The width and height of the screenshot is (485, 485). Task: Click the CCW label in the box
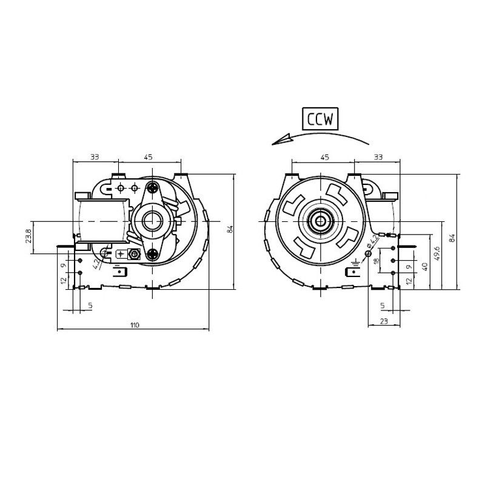[x=320, y=119]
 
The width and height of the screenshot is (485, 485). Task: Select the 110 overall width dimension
[x=135, y=325]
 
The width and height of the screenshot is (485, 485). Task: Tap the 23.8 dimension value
[x=28, y=236]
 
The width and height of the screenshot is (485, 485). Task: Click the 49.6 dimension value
[x=436, y=253]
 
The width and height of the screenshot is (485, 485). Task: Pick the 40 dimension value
[x=424, y=267]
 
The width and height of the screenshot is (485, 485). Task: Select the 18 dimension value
[x=376, y=261]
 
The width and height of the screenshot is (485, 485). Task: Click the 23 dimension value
[x=384, y=321]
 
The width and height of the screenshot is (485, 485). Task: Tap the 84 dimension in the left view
[x=230, y=229]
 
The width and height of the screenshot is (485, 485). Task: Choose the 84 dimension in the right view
[x=452, y=238]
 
